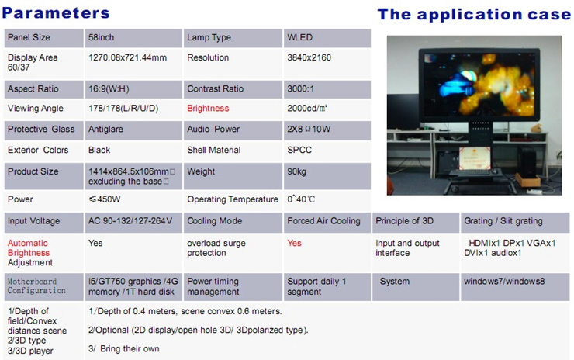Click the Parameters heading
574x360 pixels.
click(x=56, y=13)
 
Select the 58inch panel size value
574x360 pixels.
click(x=101, y=37)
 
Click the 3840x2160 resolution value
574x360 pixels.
click(x=309, y=57)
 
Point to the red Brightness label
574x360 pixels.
click(x=208, y=109)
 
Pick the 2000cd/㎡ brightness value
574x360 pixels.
click(x=307, y=109)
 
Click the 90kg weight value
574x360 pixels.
click(x=296, y=171)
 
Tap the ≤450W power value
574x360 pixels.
click(x=105, y=199)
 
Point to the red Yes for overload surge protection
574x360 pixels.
click(x=294, y=243)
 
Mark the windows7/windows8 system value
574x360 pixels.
click(x=504, y=282)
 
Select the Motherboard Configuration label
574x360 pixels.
click(x=36, y=286)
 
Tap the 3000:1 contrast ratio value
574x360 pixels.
click(x=300, y=88)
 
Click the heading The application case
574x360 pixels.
click(x=474, y=14)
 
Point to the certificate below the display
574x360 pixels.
click(x=475, y=158)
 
